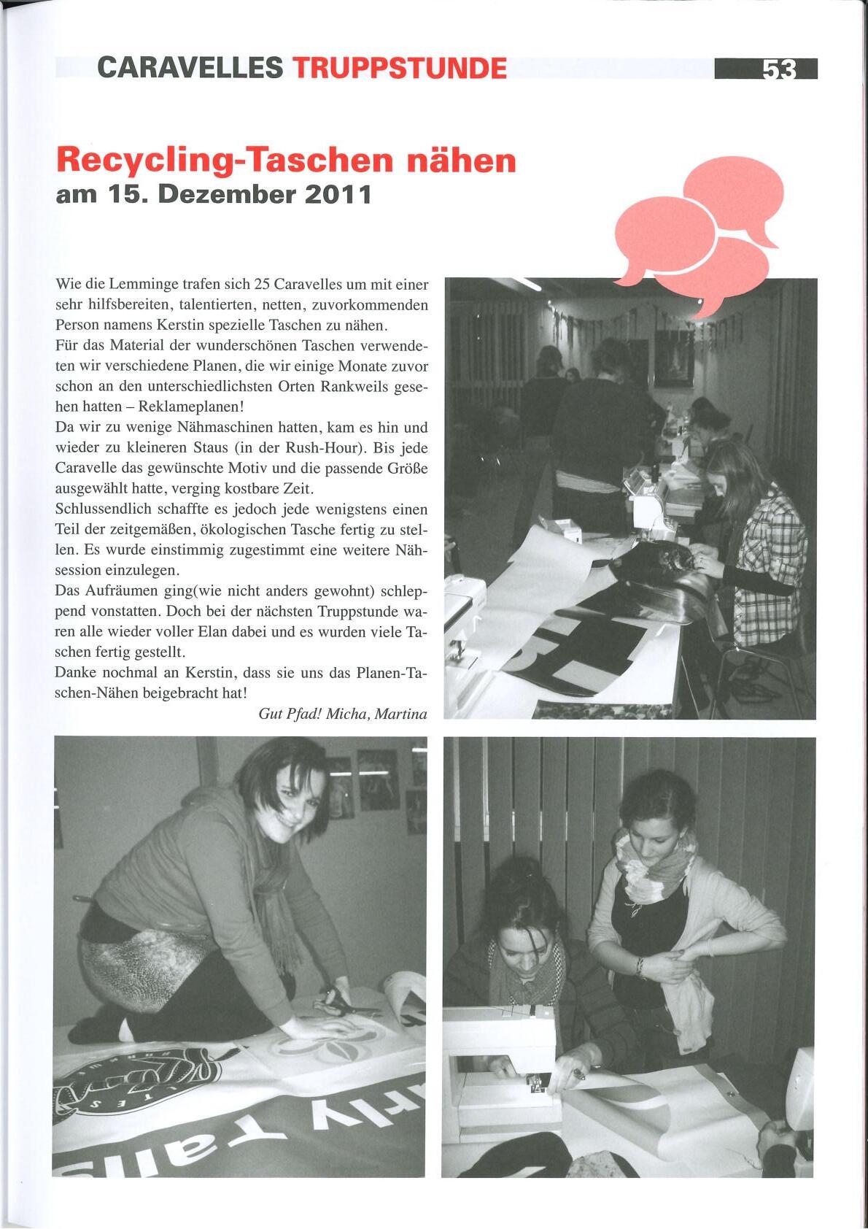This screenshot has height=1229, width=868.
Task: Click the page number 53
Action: [x=779, y=69]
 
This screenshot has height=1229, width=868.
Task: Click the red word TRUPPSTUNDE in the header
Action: [x=399, y=69]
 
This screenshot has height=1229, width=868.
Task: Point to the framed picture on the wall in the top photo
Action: [x=673, y=357]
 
